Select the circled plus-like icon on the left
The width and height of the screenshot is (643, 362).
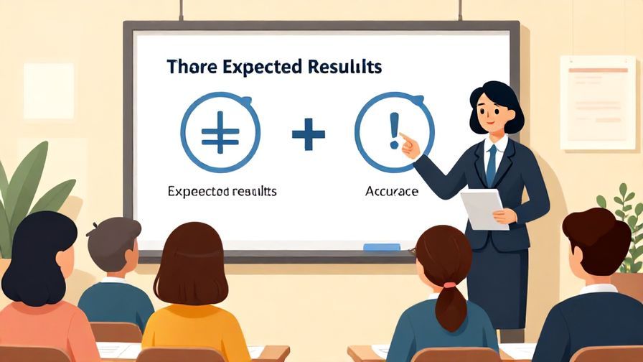(220, 133)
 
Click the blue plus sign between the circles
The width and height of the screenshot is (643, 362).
(309, 134)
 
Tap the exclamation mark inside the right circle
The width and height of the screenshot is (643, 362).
(393, 131)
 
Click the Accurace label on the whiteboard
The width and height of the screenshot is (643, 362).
(392, 192)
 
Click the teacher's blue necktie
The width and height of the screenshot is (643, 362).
(492, 165)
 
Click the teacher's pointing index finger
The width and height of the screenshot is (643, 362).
(405, 136)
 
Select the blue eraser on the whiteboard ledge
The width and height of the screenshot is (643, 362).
(381, 247)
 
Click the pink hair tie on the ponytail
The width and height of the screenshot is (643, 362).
(449, 285)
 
